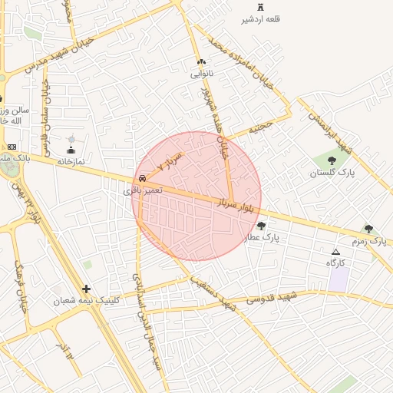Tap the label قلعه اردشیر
point(261,18)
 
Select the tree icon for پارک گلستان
point(332,160)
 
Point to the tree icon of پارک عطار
point(262,226)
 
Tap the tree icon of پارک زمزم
point(369,229)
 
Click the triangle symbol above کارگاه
point(335,252)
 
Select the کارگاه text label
point(336,263)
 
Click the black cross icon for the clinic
point(86,289)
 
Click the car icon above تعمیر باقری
point(144,177)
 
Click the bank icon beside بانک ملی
point(12,147)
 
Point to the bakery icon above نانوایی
point(202,61)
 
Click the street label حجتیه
point(260,127)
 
